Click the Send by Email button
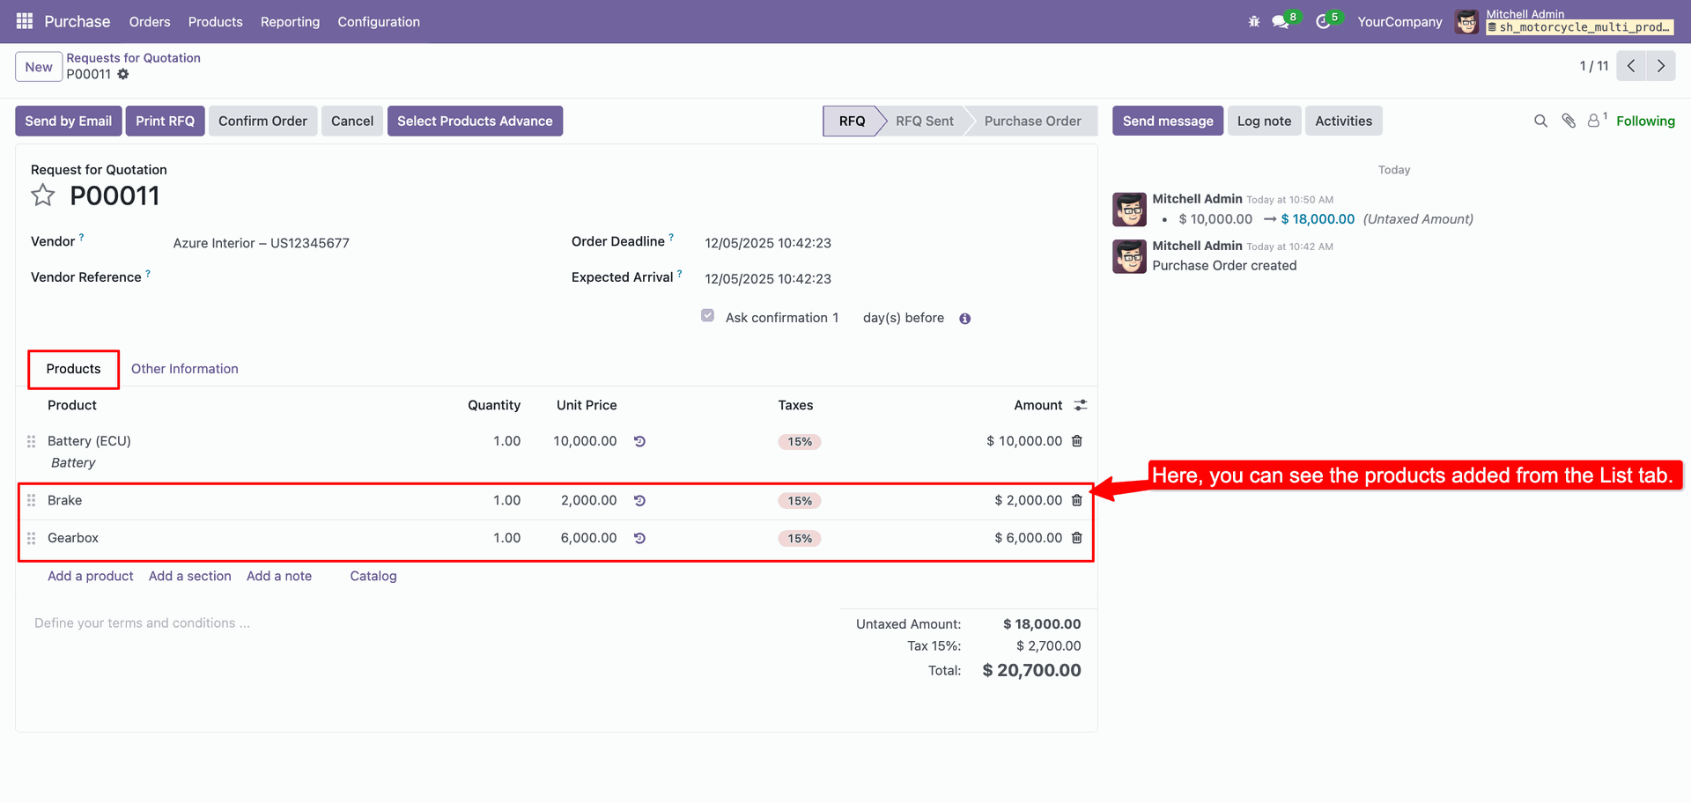click(68, 122)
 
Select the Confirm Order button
click(262, 122)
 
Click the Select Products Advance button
click(475, 122)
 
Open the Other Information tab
click(185, 369)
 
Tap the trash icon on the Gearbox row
click(1076, 538)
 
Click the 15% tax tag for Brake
click(800, 501)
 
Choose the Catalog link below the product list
click(373, 576)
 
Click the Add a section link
click(190, 576)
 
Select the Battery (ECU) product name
click(89, 441)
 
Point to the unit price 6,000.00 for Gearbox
click(588, 538)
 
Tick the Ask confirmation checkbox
click(707, 316)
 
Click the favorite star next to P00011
click(43, 195)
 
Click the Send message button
click(1167, 122)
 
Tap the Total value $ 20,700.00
click(1031, 670)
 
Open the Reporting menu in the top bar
click(290, 22)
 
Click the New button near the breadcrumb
click(39, 67)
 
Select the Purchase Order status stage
click(1032, 122)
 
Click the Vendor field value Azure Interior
click(261, 243)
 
